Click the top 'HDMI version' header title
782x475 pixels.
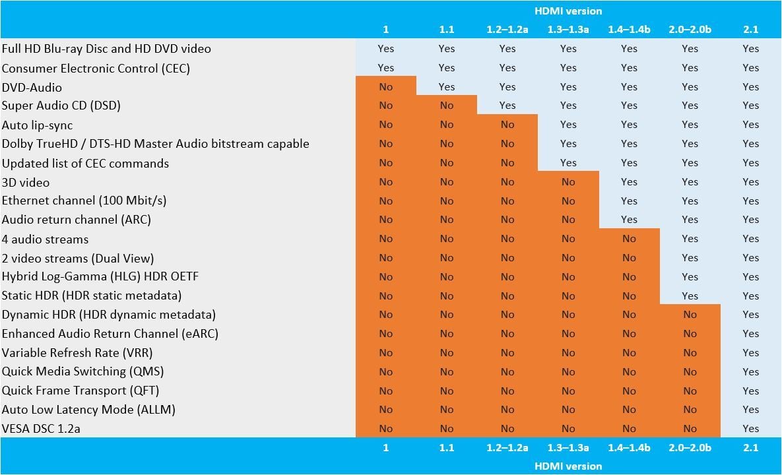pyautogui.click(x=568, y=11)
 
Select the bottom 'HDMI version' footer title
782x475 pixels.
pyautogui.click(x=568, y=466)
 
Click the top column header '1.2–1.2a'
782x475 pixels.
pyautogui.click(x=507, y=30)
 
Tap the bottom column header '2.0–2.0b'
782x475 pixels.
pyautogui.click(x=690, y=447)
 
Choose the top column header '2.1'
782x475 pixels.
pyautogui.click(x=750, y=30)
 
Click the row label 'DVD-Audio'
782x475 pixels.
pyautogui.click(x=32, y=87)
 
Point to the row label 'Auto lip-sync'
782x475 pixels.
pyautogui.click(x=37, y=125)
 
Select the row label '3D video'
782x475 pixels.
pyautogui.click(x=26, y=182)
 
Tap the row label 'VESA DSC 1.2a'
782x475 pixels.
pyautogui.click(x=41, y=429)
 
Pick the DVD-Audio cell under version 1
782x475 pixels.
pyautogui.click(x=385, y=86)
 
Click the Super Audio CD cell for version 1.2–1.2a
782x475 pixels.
pyautogui.click(x=507, y=106)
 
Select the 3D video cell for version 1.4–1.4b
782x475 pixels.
pyautogui.click(x=629, y=181)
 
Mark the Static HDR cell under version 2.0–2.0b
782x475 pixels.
pyautogui.click(x=690, y=296)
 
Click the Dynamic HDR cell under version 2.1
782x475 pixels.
pyautogui.click(x=750, y=315)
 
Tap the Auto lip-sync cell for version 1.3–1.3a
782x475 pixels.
pyautogui.click(x=568, y=125)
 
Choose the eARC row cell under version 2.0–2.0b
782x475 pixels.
pyautogui.click(x=690, y=334)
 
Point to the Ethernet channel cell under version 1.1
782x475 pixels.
pyautogui.click(x=446, y=201)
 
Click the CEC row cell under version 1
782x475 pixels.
pyautogui.click(x=385, y=67)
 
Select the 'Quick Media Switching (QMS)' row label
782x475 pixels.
pyautogui.click(x=82, y=371)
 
